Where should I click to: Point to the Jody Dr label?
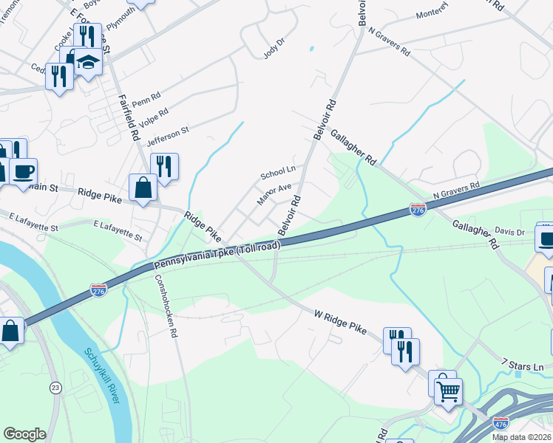274,49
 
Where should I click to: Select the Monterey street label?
432,14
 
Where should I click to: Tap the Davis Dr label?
509,231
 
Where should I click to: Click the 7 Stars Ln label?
522,365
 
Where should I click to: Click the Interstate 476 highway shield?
501,423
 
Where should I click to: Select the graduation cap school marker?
89,61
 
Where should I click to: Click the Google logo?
24,434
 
